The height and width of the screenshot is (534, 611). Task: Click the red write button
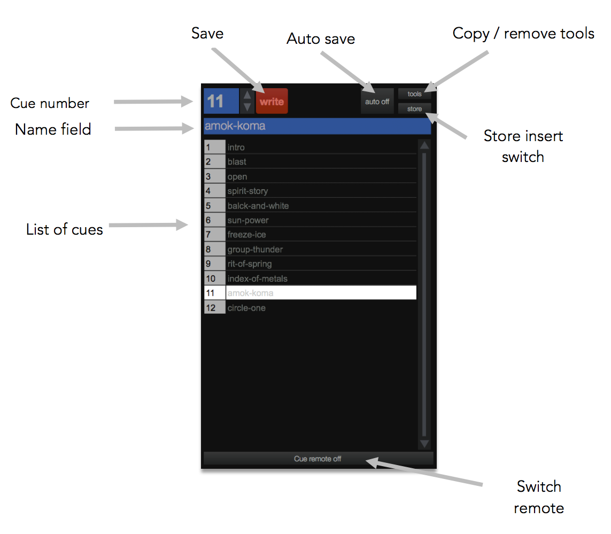pos(272,101)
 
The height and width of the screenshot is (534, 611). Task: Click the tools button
pos(414,94)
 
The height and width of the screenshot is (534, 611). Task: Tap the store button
pos(414,109)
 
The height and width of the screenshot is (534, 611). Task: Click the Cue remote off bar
pos(318,459)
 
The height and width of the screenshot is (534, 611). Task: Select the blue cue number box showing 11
pos(221,101)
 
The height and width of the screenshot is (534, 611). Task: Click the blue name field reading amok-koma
pos(317,127)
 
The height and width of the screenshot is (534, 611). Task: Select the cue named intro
pos(321,147)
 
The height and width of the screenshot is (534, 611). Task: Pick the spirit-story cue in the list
pos(321,191)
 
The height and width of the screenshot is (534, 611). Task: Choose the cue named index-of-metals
pos(321,278)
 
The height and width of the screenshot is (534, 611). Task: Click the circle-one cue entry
pos(321,308)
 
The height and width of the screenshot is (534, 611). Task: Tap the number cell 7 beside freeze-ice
pos(214,235)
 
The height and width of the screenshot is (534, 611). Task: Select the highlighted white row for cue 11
pos(321,293)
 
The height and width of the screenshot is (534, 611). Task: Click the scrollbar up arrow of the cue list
pos(424,145)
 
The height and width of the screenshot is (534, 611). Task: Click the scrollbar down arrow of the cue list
pos(424,444)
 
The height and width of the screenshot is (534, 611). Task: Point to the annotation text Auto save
pos(321,39)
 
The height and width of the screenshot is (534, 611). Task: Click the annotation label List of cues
pos(65,230)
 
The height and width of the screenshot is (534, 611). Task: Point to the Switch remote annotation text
pos(539,497)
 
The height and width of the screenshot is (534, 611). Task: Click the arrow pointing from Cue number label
pos(153,101)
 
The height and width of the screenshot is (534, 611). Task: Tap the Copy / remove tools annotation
pos(523,34)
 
